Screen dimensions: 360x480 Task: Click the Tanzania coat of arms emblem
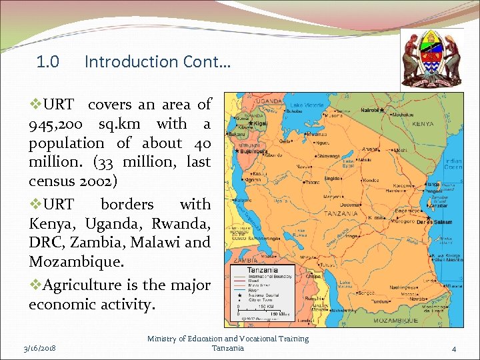pyautogui.click(x=432, y=58)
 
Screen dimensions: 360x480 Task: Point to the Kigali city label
pyautogui.click(x=260, y=124)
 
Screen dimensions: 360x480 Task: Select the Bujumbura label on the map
pyautogui.click(x=256, y=151)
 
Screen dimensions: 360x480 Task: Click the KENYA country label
pyautogui.click(x=423, y=124)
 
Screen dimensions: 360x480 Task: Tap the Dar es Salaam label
pyautogui.click(x=435, y=222)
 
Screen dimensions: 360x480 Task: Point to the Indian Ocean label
pyautogui.click(x=453, y=164)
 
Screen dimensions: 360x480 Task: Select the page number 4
pyautogui.click(x=453, y=349)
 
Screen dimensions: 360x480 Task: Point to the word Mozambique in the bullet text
pyautogui.click(x=76, y=261)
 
